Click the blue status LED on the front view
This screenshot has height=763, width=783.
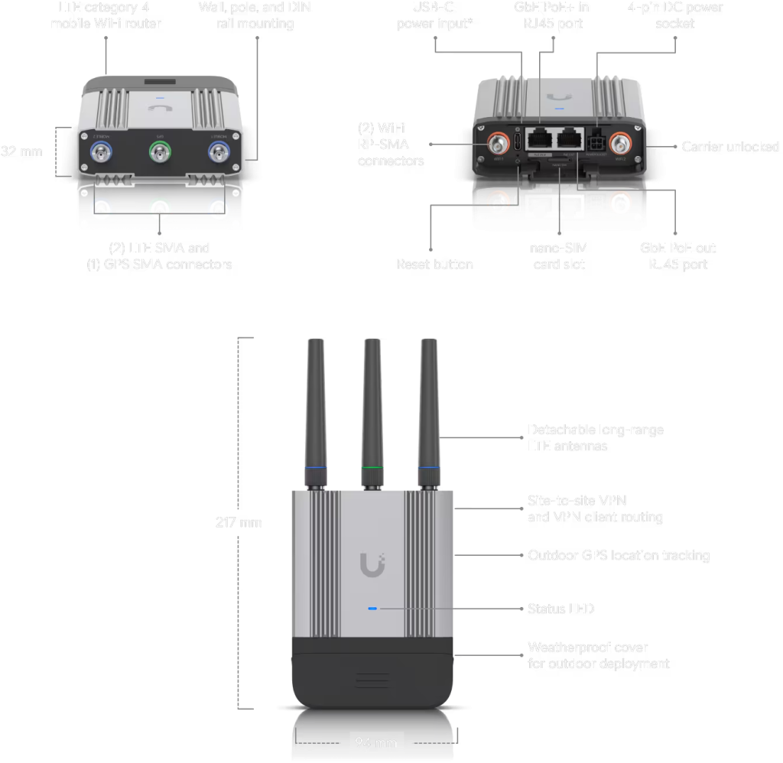[372, 609]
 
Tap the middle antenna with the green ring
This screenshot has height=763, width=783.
[372, 413]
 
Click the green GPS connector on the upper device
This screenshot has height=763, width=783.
[160, 155]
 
